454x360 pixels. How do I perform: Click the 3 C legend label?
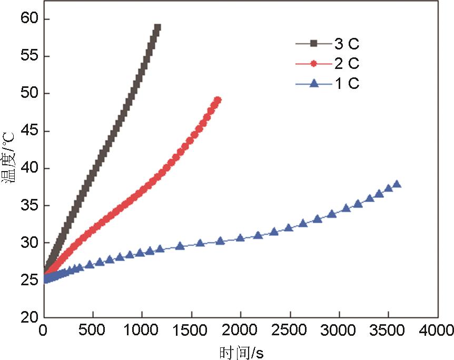pyautogui.click(x=347, y=43)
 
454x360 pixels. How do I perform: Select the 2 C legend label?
pyautogui.click(x=347, y=64)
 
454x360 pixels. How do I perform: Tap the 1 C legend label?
pyautogui.click(x=347, y=83)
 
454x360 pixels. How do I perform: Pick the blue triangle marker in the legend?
pyautogui.click(x=314, y=83)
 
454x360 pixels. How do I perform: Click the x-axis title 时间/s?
pyautogui.click(x=240, y=351)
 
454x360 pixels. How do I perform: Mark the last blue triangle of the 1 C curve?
pyautogui.click(x=397, y=184)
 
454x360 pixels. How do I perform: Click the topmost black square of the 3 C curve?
pyautogui.click(x=157, y=27)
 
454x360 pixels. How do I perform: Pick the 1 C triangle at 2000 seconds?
pyautogui.click(x=240, y=238)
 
